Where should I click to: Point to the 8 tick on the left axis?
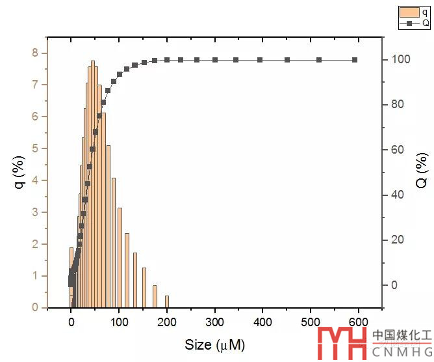tap(36, 53)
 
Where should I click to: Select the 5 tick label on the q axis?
tap(36, 148)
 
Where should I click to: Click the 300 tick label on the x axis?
tap(215, 321)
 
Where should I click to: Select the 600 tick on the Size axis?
tap(359, 321)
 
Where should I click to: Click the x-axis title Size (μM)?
tap(214, 344)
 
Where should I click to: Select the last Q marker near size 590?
tap(355, 60)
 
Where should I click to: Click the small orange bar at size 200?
tap(167, 301)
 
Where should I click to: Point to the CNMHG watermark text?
tap(401, 351)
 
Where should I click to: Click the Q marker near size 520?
tap(319, 60)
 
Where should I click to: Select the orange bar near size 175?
tap(155, 296)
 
